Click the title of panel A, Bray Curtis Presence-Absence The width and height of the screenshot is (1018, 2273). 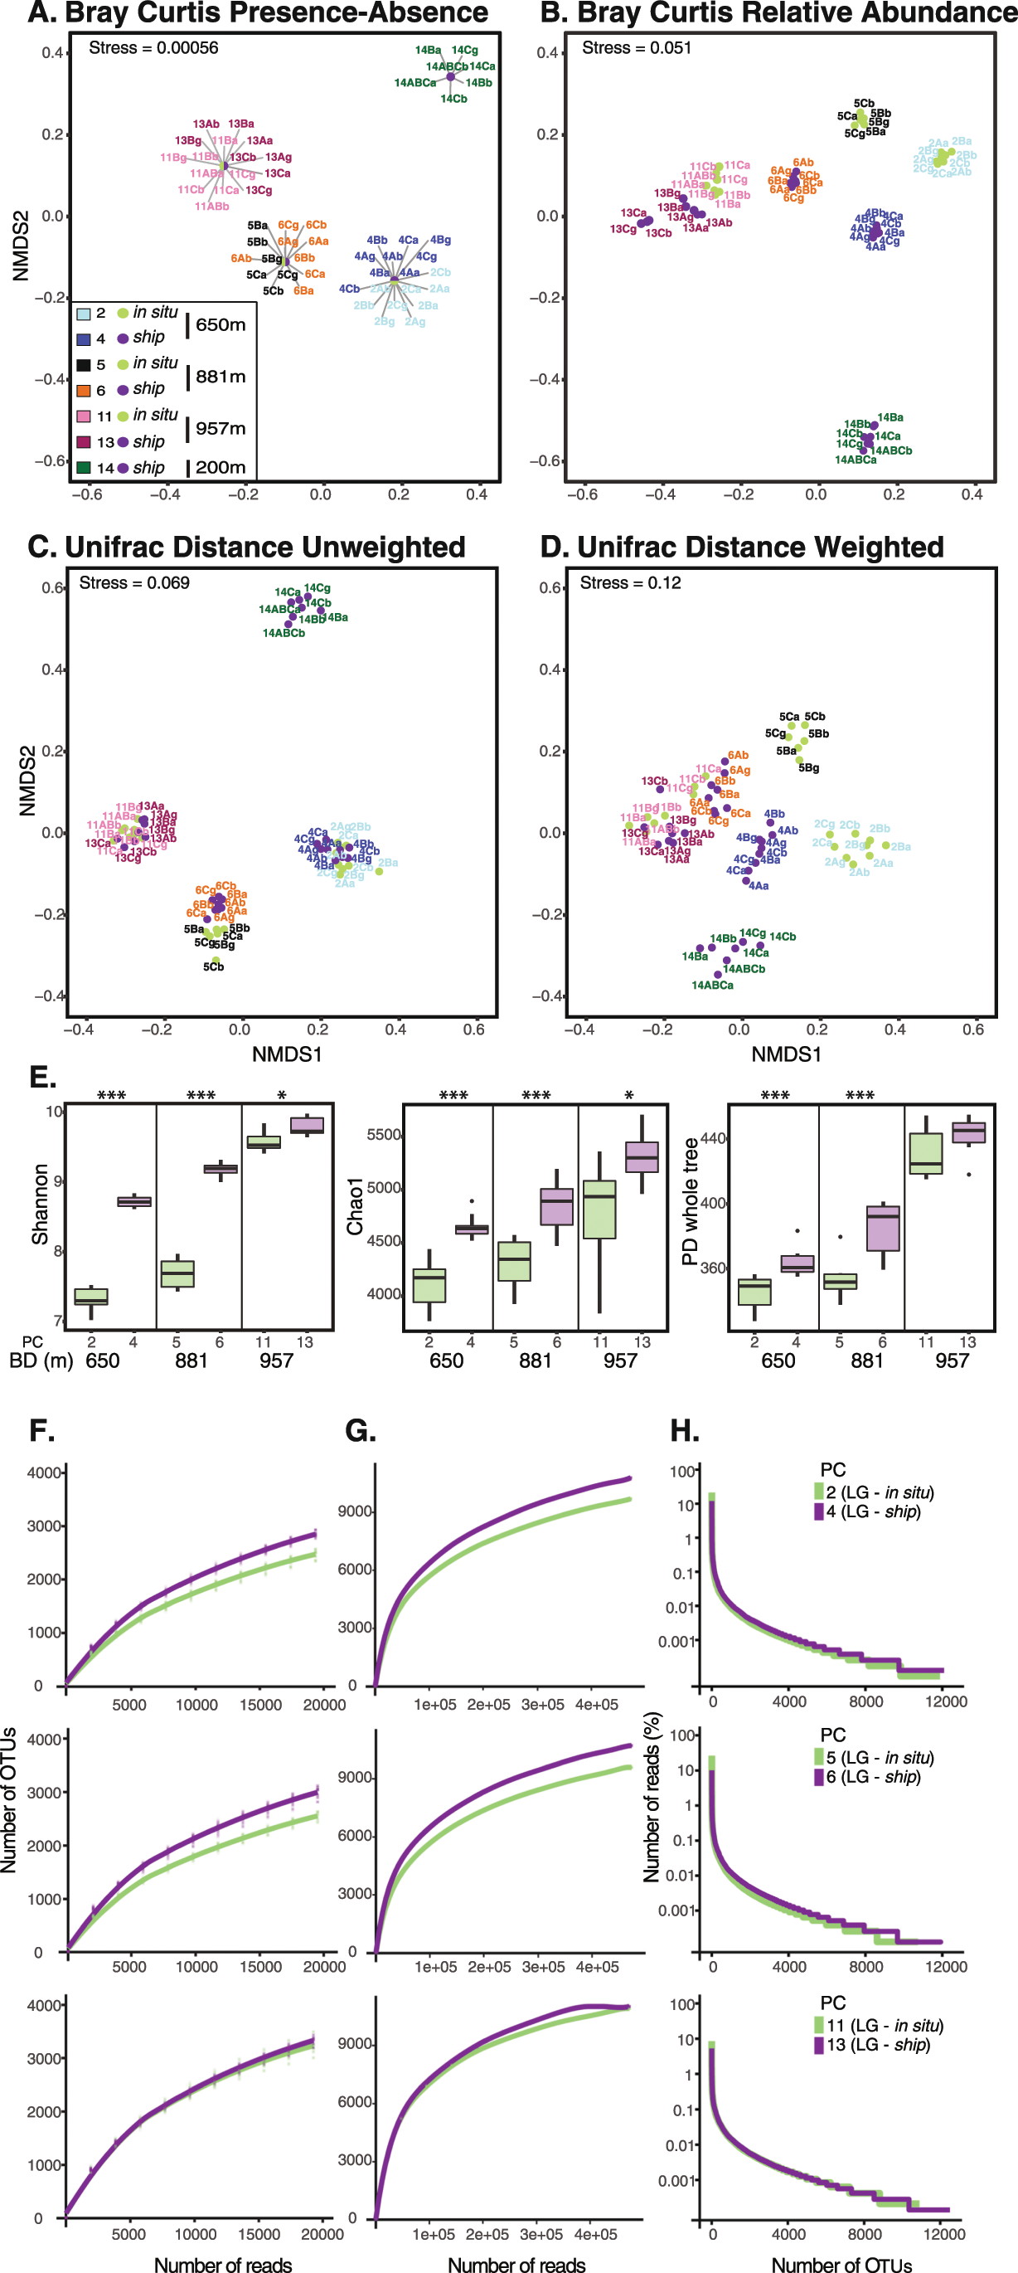[258, 13]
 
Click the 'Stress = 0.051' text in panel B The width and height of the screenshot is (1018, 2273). [636, 47]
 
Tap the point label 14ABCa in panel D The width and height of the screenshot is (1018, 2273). [712, 985]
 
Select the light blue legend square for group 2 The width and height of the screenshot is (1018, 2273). [84, 314]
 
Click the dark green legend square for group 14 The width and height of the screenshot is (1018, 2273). [84, 468]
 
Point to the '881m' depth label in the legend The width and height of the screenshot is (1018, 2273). [221, 377]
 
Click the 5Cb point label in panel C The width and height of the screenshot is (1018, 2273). [214, 967]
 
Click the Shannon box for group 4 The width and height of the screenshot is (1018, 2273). [134, 1202]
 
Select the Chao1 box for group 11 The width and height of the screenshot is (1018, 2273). [600, 1209]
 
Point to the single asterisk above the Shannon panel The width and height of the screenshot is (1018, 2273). [281, 1096]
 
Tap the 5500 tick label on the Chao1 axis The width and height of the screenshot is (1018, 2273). [385, 1135]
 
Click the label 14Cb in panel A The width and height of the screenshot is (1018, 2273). [453, 99]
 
